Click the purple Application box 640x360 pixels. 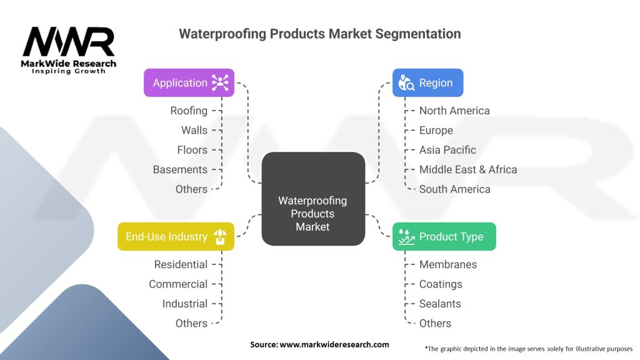(x=189, y=82)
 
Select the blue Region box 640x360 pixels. (x=427, y=82)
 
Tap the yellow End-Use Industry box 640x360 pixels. (x=176, y=236)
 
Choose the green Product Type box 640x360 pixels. (x=444, y=236)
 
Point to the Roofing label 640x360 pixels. (x=189, y=111)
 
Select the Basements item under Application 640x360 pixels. (x=180, y=169)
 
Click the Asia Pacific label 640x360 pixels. (x=447, y=150)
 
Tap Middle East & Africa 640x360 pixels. (x=468, y=169)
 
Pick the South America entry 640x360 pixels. (x=454, y=189)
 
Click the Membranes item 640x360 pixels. (x=447, y=264)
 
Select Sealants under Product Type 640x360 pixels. (x=440, y=304)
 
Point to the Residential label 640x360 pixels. (x=181, y=264)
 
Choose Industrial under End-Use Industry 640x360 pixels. (x=184, y=304)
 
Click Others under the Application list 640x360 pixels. (x=191, y=189)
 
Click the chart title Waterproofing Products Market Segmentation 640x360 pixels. (x=320, y=34)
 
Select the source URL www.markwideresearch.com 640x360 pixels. (x=334, y=344)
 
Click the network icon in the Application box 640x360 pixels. (x=220, y=82)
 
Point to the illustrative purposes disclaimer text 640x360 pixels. (x=528, y=348)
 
